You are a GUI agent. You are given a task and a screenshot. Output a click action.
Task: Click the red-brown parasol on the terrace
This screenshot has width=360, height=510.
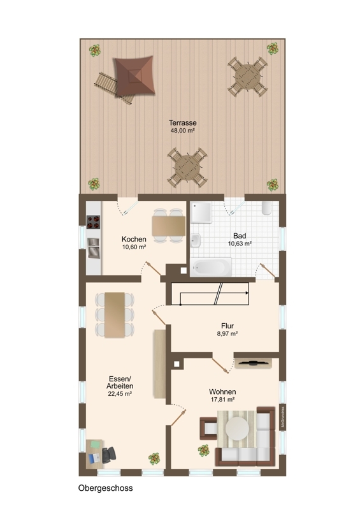(x=134, y=76)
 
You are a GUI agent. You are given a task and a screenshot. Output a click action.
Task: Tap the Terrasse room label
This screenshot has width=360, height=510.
(x=182, y=123)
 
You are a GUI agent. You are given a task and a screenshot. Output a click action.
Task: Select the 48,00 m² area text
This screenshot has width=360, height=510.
(x=182, y=131)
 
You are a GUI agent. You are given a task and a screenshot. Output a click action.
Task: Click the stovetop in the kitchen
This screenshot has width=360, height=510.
(x=93, y=222)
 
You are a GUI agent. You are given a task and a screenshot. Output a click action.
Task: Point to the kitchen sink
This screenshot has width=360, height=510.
(x=93, y=248)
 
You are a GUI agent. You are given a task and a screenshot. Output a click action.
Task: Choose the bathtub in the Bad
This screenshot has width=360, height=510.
(x=211, y=267)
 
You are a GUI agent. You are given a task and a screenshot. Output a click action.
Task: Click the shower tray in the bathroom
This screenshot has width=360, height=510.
(x=201, y=212)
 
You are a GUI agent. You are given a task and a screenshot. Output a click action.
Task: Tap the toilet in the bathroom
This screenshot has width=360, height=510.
(x=266, y=208)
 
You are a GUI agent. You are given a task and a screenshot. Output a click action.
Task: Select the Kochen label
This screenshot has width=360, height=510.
(x=134, y=239)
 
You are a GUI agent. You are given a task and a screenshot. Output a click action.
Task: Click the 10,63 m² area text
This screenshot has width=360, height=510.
(x=240, y=244)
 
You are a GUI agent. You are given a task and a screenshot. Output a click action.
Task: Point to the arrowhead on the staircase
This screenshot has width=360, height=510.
(x=247, y=293)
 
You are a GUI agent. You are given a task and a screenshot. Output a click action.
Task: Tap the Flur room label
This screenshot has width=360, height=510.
(x=227, y=326)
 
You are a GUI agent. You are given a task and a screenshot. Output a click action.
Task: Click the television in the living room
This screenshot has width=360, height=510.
(x=253, y=363)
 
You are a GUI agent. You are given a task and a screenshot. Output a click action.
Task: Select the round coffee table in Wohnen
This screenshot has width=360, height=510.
(x=237, y=427)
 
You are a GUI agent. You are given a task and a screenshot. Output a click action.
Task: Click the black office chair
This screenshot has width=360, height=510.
(x=109, y=455)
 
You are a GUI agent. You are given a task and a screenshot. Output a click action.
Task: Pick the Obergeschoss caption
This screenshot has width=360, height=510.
(x=105, y=488)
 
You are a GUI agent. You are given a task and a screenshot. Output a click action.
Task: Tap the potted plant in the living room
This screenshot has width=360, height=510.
(x=204, y=451)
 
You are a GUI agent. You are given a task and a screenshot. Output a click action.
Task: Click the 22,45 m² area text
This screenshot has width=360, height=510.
(x=120, y=394)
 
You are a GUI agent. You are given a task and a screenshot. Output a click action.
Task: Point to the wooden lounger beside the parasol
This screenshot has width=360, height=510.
(x=114, y=88)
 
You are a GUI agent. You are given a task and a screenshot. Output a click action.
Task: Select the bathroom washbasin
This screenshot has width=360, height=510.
(x=196, y=241)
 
